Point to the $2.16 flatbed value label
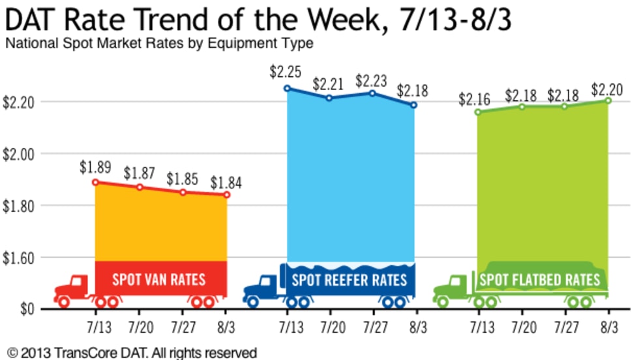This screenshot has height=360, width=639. pos(475,100)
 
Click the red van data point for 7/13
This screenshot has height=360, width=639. pos(95,183)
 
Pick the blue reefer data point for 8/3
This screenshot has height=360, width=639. pos(413,105)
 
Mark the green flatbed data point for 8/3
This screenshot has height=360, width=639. pos(608,100)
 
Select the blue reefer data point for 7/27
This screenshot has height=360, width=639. pos(372,93)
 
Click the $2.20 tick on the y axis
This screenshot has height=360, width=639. pos(19,102)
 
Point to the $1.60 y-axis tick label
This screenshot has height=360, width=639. pos(19,257)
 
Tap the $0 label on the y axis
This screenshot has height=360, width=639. pos(26,308)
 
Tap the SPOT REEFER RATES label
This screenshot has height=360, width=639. pos(349,280)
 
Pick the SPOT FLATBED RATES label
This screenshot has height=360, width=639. pos(539,280)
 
